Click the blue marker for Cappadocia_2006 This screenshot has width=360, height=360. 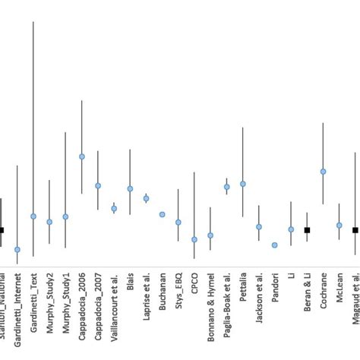(x=82, y=156)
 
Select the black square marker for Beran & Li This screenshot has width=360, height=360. (x=307, y=229)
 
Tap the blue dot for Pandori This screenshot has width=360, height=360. (x=274, y=245)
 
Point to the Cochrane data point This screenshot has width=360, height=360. (x=323, y=172)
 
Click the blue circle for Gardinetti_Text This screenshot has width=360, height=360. (x=33, y=216)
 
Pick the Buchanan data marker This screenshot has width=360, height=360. (x=163, y=215)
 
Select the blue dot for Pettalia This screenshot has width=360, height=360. (x=243, y=184)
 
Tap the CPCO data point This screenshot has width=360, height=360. (x=194, y=239)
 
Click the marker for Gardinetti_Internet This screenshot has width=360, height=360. (x=17, y=250)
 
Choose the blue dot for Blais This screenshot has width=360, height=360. (x=130, y=188)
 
